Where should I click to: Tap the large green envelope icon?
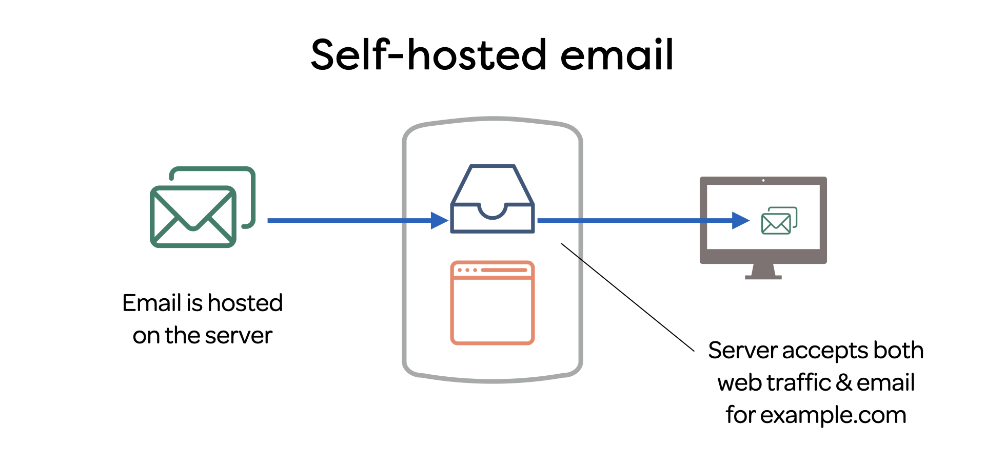(193, 216)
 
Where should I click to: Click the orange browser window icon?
(493, 303)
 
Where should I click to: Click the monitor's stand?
(763, 271)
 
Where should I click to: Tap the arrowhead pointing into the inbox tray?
(439, 221)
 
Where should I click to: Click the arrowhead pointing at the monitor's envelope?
(740, 221)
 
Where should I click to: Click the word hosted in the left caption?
(245, 303)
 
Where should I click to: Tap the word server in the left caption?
(238, 336)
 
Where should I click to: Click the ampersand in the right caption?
(844, 383)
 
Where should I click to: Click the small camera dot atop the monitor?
(763, 180)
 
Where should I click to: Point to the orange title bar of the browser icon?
(493, 270)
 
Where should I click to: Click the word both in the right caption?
(898, 351)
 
